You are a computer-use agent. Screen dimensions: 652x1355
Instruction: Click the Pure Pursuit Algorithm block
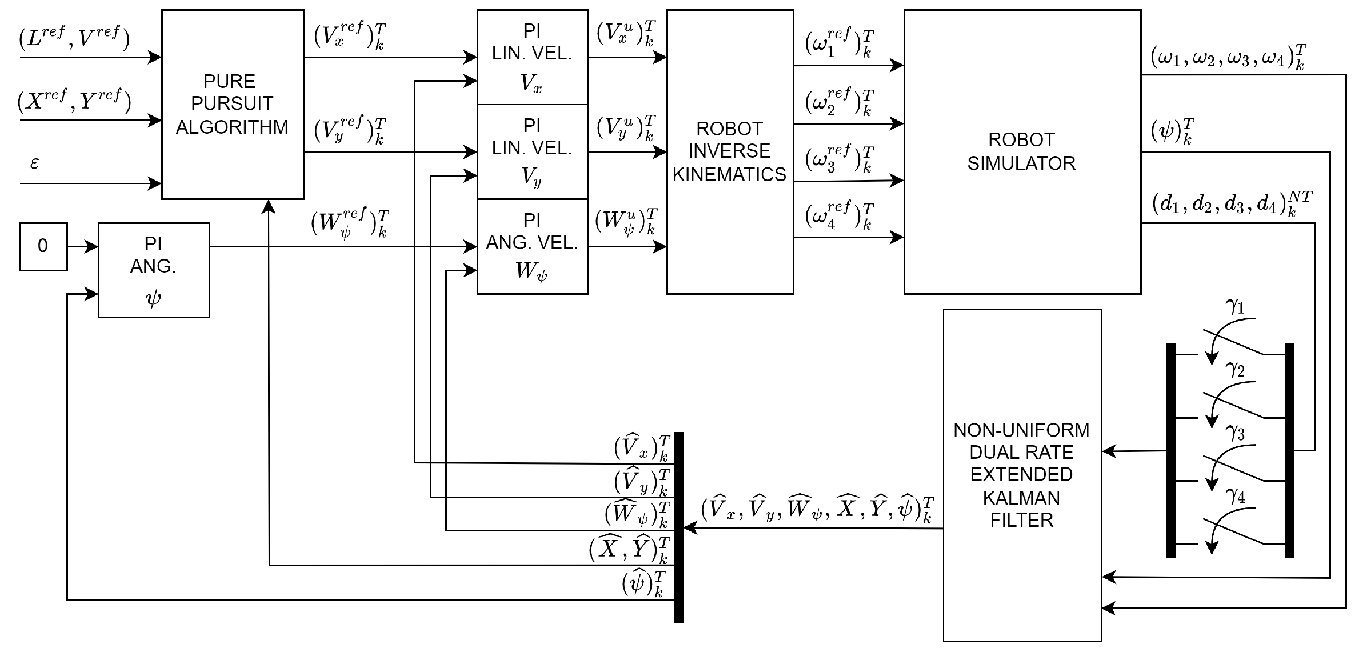click(233, 104)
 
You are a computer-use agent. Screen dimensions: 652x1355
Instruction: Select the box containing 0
click(43, 246)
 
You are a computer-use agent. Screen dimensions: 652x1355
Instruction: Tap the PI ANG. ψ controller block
click(154, 270)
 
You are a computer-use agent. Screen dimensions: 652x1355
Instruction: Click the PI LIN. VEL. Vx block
click(532, 57)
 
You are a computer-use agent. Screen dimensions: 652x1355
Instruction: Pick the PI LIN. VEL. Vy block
click(532, 151)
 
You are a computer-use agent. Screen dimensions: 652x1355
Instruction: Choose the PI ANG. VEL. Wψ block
click(532, 246)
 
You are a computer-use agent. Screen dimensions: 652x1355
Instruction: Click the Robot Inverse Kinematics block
click(730, 151)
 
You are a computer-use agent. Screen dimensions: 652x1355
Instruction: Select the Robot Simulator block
click(1022, 151)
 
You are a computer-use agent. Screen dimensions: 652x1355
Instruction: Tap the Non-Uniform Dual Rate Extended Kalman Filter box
click(1022, 475)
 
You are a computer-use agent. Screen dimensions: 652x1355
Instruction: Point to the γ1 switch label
click(1236, 307)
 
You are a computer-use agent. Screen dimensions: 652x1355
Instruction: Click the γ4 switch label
click(1236, 496)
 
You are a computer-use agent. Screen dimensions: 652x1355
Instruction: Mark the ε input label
click(34, 163)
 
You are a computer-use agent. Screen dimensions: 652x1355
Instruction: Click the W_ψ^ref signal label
click(350, 223)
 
